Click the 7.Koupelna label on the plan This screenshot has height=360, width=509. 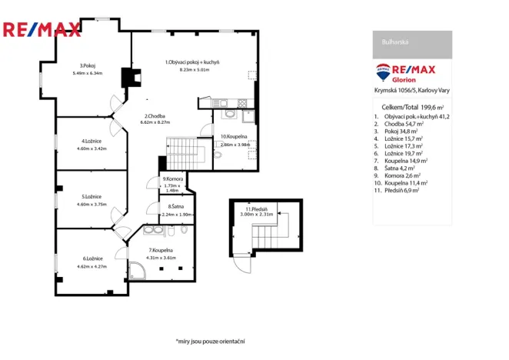[x=161, y=251]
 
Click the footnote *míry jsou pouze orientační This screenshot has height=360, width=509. [x=215, y=340]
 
